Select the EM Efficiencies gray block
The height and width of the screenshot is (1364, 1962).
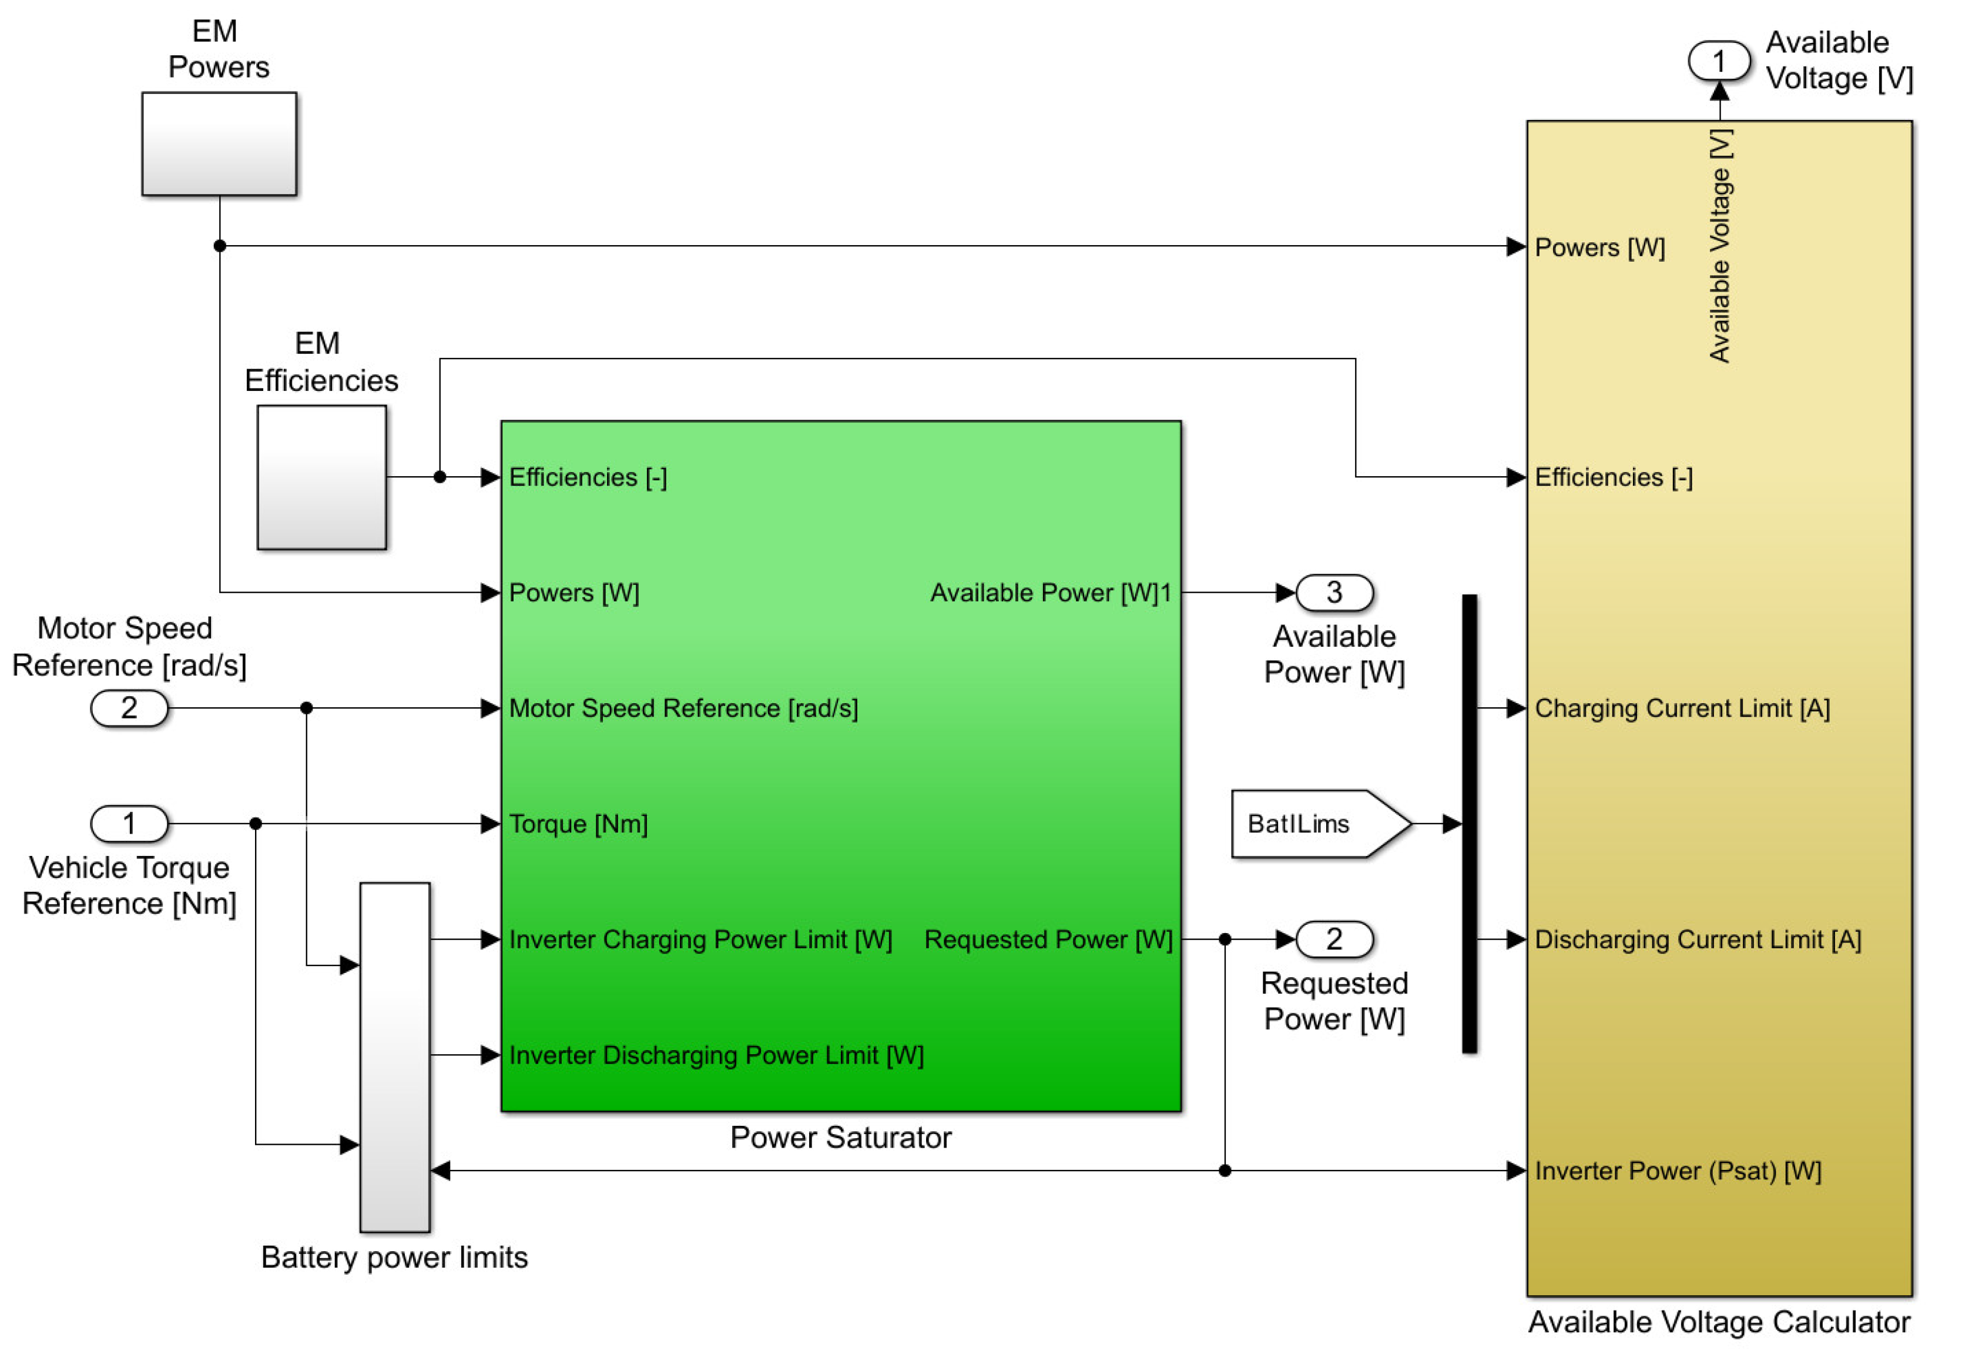point(321,477)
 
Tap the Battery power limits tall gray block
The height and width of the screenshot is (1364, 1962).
point(395,1057)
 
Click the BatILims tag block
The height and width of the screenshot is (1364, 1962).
point(1320,823)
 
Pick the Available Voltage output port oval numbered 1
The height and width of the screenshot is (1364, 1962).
point(1719,61)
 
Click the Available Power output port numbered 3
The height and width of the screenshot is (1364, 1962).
point(1334,592)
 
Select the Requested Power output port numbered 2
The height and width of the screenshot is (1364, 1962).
point(1334,940)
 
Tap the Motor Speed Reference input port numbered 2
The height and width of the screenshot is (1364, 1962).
point(129,708)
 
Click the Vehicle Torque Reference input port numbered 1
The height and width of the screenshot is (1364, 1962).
point(129,823)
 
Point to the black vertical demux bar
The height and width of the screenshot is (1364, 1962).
point(1469,823)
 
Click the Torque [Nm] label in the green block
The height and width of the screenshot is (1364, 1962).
point(578,824)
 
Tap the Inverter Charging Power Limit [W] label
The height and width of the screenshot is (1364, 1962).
point(700,940)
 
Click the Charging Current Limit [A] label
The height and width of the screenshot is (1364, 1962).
point(1682,708)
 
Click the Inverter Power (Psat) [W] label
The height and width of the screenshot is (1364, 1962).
point(1678,1171)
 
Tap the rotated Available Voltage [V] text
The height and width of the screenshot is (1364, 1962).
point(1719,246)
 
